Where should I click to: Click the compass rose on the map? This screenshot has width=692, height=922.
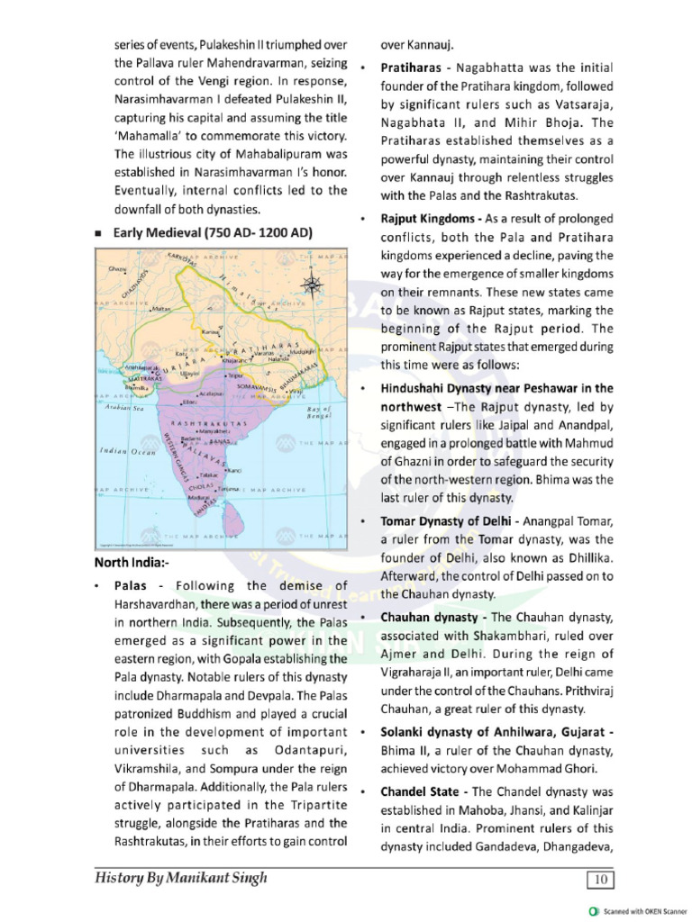tap(314, 285)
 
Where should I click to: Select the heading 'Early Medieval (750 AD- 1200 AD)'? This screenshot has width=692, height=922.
tap(213, 233)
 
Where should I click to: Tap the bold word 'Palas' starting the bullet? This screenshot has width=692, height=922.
tap(137, 586)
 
